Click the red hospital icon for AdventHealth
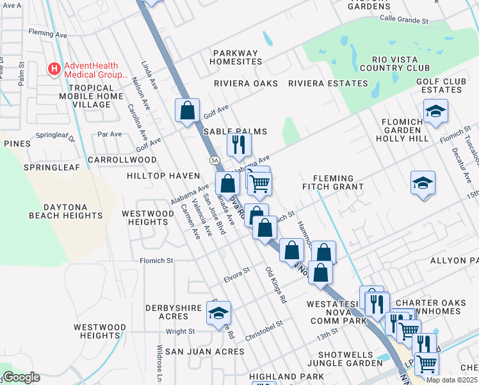pos(54,68)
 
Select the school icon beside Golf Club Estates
pos(435,112)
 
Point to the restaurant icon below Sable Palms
pos(239,145)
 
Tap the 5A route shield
pos(215,160)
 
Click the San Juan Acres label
pos(204,352)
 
